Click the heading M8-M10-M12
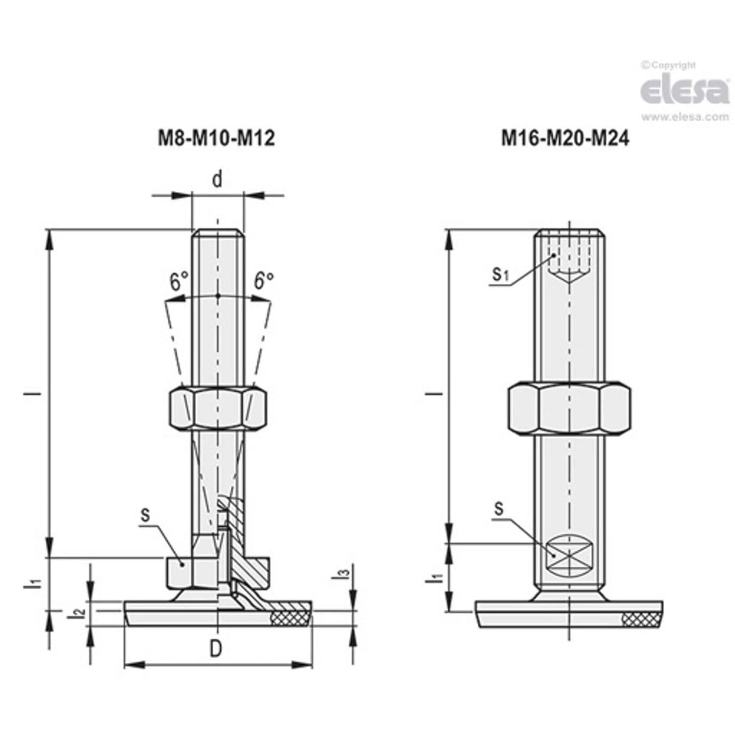[216, 139]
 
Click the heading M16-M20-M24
[565, 139]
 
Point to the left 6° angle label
[179, 282]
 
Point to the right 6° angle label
[263, 281]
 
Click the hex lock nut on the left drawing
[217, 409]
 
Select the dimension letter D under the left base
[216, 649]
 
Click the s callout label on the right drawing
[498, 509]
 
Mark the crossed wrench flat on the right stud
[569, 554]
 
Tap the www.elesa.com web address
[685, 117]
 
